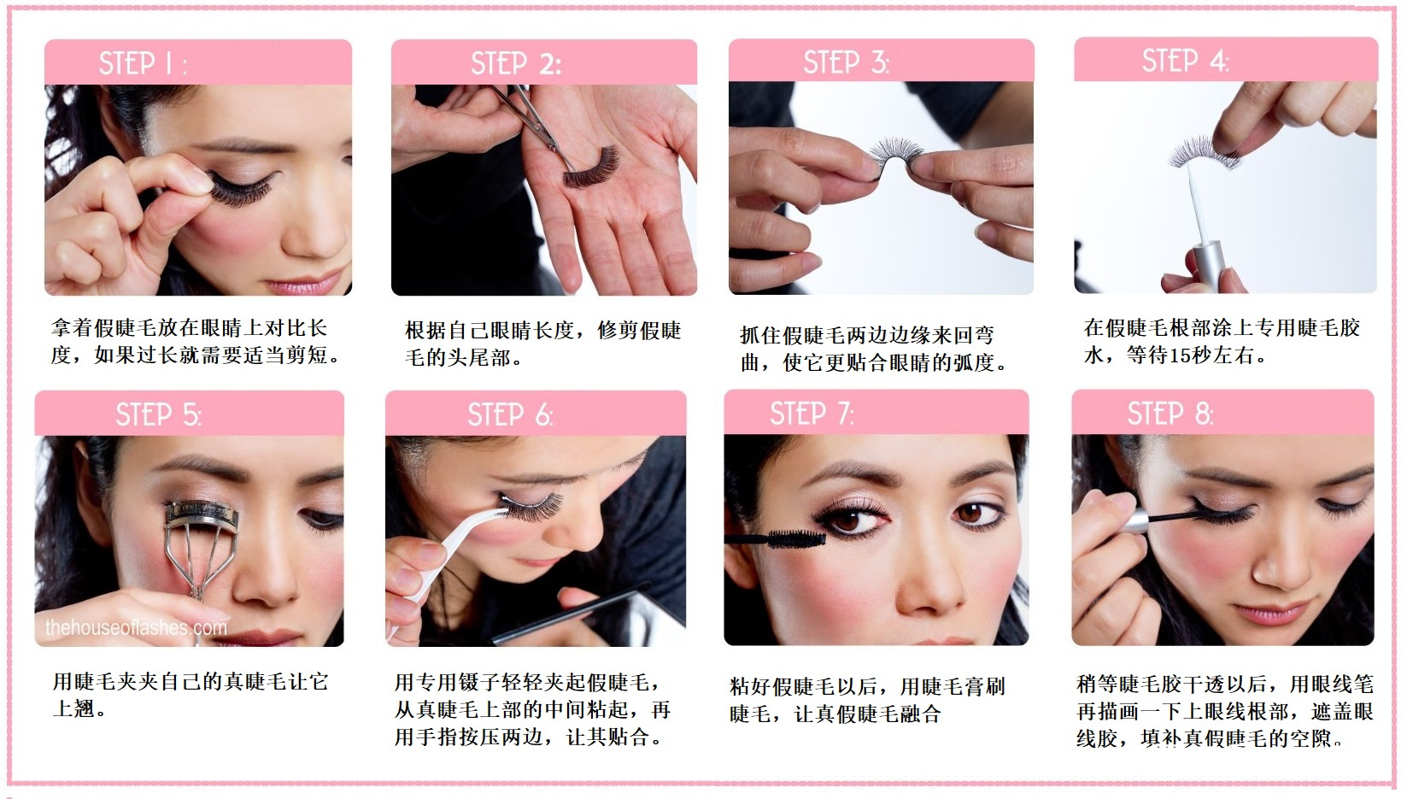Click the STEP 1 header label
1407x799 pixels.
[144, 63]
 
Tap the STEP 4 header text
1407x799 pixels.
[1185, 61]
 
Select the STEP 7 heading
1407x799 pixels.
[812, 414]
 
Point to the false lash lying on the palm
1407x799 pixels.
[590, 167]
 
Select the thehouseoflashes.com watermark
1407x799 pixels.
[136, 627]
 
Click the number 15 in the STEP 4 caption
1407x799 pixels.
[1181, 355]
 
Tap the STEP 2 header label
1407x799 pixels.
[516, 63]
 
